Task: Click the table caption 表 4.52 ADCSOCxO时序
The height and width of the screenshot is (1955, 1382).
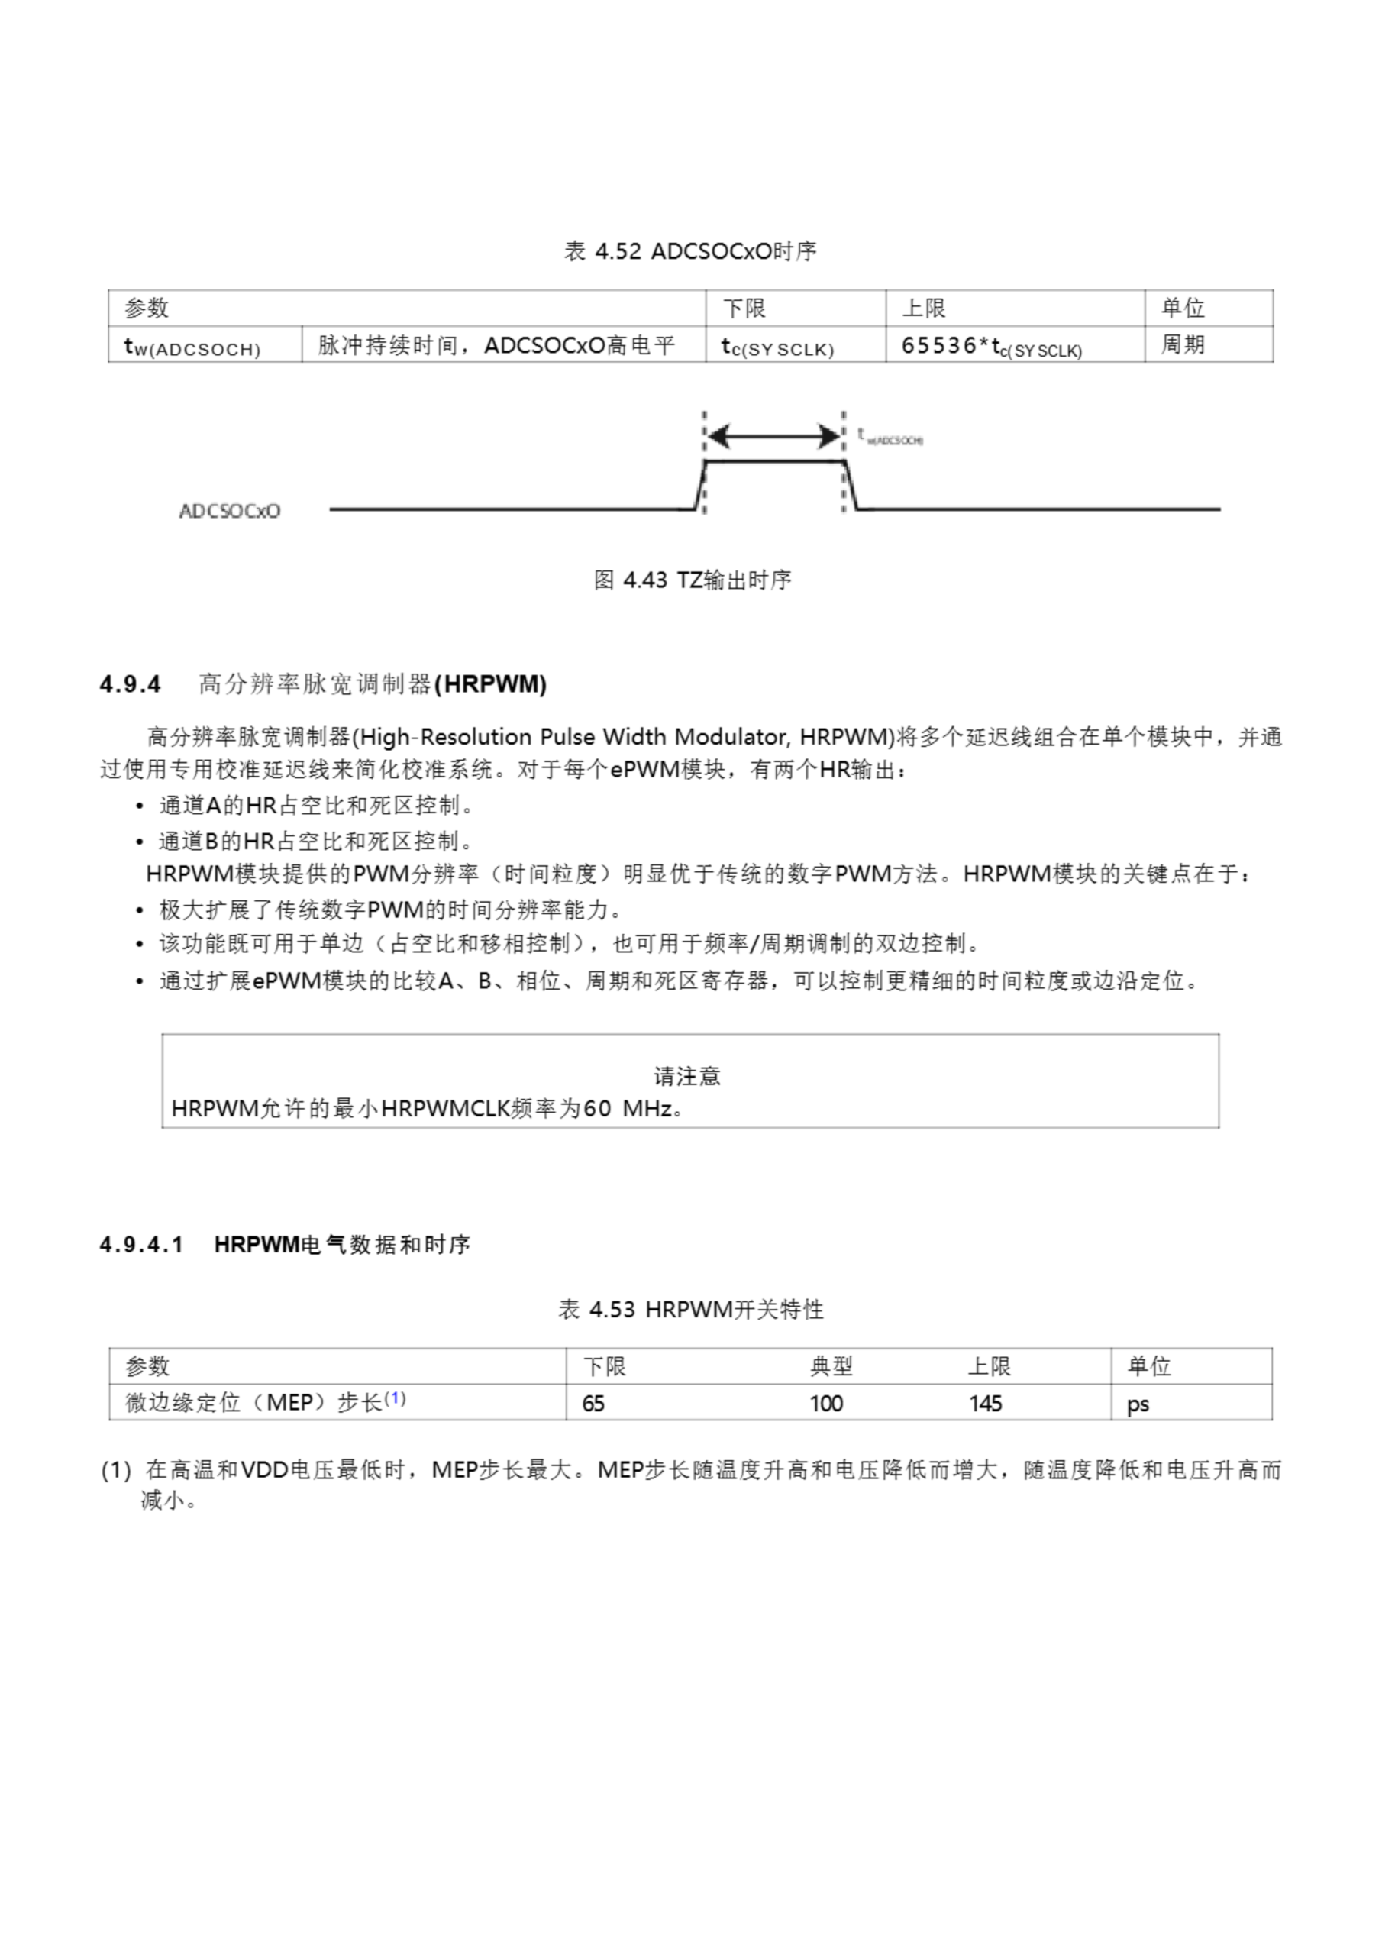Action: coord(689,251)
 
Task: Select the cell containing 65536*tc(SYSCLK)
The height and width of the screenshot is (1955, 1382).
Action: coord(991,346)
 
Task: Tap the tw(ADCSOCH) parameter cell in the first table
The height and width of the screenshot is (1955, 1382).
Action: coord(192,347)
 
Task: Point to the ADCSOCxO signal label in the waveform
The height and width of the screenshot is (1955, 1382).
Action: coord(230,511)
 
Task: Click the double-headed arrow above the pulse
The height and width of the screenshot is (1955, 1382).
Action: coord(774,436)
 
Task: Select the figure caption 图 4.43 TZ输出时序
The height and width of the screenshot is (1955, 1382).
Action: coord(692,580)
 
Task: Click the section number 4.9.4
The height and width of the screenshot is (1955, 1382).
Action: coord(131,683)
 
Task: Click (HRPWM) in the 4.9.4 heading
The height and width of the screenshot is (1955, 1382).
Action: coord(490,683)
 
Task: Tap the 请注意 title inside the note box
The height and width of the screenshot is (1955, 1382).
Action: coord(687,1075)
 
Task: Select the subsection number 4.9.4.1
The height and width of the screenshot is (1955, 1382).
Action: coord(141,1244)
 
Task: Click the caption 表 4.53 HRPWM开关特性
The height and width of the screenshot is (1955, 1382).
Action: coord(690,1309)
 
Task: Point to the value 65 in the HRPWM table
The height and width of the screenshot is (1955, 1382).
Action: coord(593,1402)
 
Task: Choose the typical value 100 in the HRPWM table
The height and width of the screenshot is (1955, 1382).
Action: coord(826,1402)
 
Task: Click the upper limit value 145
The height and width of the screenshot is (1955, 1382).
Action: coord(985,1402)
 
